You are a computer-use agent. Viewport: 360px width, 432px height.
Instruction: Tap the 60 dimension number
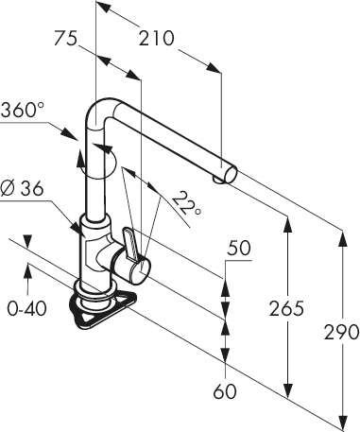click(x=225, y=390)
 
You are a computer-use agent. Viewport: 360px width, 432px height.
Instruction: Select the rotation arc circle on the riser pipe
click(x=107, y=161)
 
